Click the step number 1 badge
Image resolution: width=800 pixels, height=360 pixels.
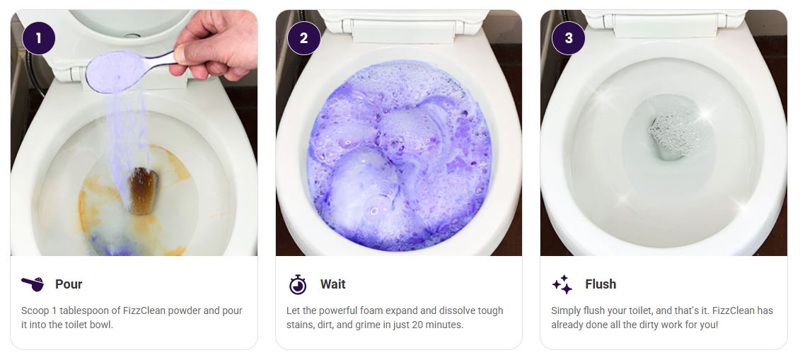[x=39, y=37]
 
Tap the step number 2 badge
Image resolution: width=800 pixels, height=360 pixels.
[x=304, y=37]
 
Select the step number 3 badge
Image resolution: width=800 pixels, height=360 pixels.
[x=569, y=37]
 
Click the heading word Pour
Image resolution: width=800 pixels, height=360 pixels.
[x=69, y=284]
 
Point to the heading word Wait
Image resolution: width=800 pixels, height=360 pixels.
[x=332, y=284]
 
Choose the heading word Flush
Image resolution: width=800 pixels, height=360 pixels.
[x=601, y=284]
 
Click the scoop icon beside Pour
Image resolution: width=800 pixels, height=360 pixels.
[x=33, y=284]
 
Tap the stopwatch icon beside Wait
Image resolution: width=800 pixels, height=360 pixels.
[x=298, y=284]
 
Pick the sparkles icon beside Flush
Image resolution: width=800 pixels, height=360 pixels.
[x=562, y=284]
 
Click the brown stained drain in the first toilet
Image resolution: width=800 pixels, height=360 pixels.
[x=143, y=190]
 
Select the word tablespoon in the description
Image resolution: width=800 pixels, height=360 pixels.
[x=78, y=311]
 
